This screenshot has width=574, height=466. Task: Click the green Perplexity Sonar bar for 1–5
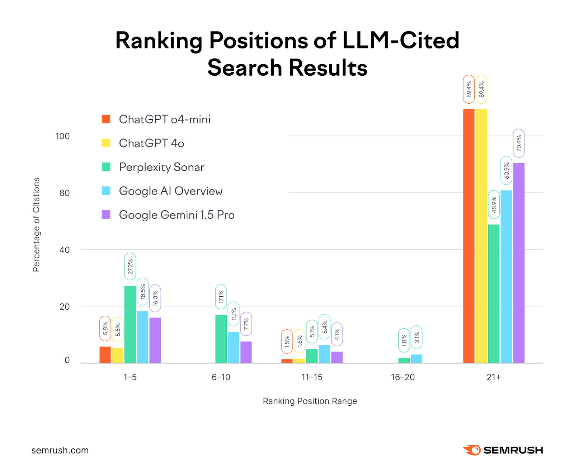(x=130, y=324)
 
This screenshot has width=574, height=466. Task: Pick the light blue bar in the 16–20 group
(x=416, y=358)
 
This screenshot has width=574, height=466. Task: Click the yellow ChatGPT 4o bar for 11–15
(x=299, y=361)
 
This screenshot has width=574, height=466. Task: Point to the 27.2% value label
(x=130, y=267)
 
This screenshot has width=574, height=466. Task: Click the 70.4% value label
(x=519, y=143)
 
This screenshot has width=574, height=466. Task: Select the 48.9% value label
(x=494, y=204)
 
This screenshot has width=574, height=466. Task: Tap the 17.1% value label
(x=221, y=297)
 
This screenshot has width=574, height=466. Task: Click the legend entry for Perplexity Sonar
(x=161, y=167)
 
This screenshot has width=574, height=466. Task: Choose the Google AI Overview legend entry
(x=170, y=191)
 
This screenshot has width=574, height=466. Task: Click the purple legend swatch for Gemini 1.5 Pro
(x=106, y=215)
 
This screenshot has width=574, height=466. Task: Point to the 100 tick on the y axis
(x=62, y=136)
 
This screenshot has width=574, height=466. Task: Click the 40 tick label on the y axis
(x=64, y=250)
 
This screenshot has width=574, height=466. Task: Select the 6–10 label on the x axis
(x=221, y=377)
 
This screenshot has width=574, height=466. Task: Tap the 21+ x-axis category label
(x=494, y=377)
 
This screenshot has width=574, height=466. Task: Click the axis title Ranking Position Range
(x=310, y=401)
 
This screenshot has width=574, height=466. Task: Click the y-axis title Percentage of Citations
(x=36, y=225)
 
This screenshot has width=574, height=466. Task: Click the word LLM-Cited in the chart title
(x=401, y=40)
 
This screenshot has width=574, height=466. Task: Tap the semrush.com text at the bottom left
(x=60, y=450)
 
